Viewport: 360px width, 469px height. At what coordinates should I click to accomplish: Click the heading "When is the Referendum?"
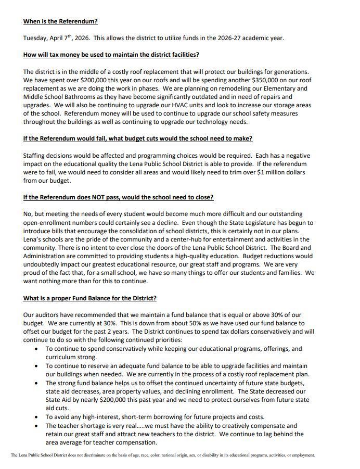point(60,21)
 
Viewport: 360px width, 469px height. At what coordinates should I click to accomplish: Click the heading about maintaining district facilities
point(111,55)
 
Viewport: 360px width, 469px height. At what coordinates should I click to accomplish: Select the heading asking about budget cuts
point(138,138)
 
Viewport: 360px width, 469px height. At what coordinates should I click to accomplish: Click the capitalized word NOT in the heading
point(88,197)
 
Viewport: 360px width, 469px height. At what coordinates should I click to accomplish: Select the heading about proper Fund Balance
point(89,298)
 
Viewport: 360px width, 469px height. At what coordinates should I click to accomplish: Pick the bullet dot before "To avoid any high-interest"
point(36,417)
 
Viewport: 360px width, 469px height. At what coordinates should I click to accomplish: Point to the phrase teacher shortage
point(79,425)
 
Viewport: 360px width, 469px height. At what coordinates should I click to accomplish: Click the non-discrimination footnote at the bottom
point(163,455)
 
